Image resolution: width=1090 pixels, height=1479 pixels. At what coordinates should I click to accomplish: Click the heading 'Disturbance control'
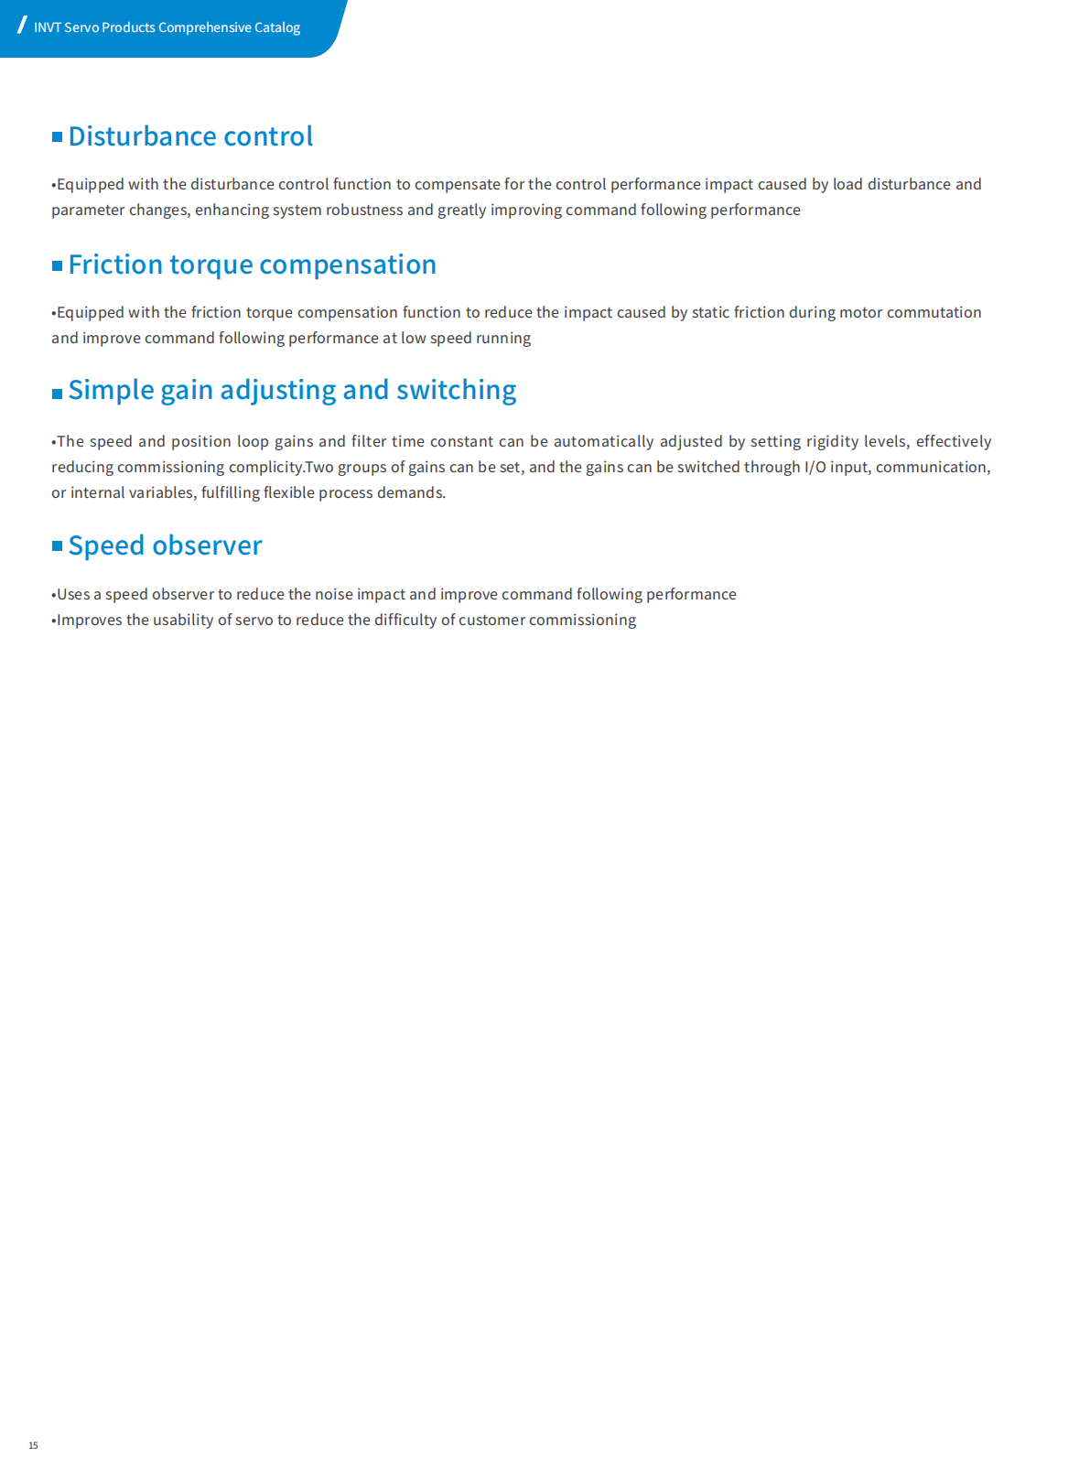[190, 136]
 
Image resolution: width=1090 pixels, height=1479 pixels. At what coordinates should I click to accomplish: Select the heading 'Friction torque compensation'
[252, 264]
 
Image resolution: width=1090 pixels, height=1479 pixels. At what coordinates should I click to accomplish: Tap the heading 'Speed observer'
[165, 545]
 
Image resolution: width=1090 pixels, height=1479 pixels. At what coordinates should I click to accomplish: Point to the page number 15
[33, 1445]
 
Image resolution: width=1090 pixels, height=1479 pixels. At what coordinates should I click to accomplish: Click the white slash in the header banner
[22, 26]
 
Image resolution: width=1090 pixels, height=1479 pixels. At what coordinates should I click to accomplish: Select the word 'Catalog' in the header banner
[277, 27]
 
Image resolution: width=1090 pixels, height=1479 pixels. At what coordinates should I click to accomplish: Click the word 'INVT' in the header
[48, 27]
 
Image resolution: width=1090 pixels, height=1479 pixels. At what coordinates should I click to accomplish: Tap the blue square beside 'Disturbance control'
[57, 137]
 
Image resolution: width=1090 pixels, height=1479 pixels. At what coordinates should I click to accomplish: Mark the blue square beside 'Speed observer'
[57, 546]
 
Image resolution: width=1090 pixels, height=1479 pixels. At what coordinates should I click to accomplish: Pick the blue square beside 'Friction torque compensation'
[57, 265]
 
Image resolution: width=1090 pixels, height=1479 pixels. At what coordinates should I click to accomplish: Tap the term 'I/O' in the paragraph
[815, 467]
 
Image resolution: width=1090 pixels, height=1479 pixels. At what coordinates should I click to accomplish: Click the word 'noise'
[333, 594]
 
